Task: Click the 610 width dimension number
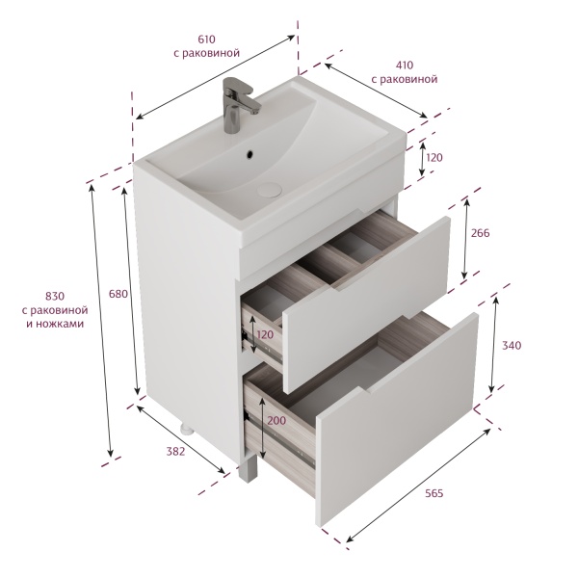[206, 39]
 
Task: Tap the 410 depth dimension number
[405, 66]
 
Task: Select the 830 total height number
[55, 296]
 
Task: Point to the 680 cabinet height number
[118, 294]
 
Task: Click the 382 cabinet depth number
[175, 451]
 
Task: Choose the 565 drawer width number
[433, 493]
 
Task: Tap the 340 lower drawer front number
[512, 346]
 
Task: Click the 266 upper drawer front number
[481, 233]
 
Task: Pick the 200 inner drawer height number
[276, 420]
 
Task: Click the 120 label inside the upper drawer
[266, 334]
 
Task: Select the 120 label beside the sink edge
[434, 158]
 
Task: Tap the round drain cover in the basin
[270, 189]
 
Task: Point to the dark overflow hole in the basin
[250, 154]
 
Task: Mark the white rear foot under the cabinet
[187, 429]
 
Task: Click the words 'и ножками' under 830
[55, 324]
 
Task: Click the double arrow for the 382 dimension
[181, 439]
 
